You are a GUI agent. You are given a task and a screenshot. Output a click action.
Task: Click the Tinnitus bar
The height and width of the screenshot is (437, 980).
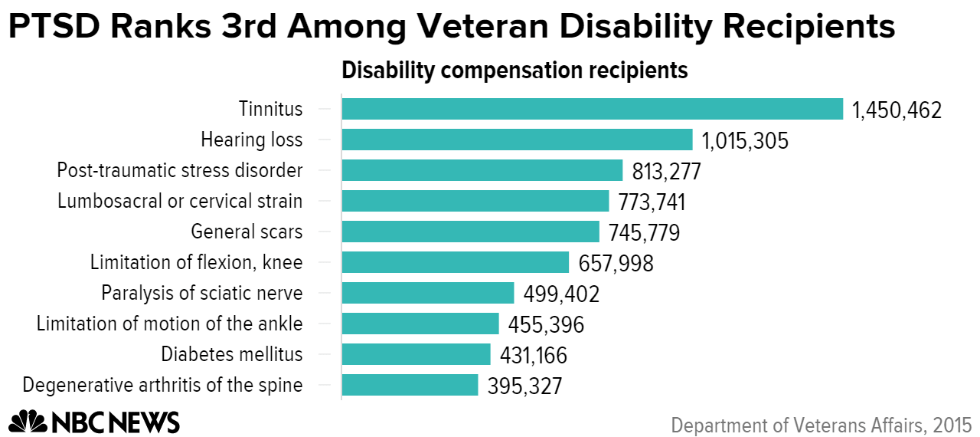pos(592,110)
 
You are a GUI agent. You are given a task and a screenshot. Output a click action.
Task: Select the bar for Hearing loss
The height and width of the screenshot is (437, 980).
pos(517,140)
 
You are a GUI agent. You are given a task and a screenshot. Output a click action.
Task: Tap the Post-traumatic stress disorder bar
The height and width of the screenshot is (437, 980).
pos(482,170)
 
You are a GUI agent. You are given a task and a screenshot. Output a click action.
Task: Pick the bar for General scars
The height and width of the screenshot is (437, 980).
pos(470,232)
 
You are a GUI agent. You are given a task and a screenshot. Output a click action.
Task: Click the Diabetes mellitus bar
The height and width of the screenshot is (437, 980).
pos(416,354)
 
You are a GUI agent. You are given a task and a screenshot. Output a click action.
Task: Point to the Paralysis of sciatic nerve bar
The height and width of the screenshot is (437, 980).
pos(427,293)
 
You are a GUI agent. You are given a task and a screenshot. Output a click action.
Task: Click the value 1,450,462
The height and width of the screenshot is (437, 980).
pos(897,110)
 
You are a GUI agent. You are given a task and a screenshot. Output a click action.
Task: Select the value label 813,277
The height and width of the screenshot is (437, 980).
pos(666,171)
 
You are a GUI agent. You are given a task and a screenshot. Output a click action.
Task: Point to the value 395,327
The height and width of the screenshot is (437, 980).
pos(524,386)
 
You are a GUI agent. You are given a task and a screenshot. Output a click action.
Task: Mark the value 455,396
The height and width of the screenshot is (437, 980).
pos(546,324)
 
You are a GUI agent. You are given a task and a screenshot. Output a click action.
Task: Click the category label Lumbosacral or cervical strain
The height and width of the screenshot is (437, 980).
pos(180,201)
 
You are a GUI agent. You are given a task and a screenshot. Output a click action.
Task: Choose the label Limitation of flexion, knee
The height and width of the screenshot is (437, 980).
pos(196,262)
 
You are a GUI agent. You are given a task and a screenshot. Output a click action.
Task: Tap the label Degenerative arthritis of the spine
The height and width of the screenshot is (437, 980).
pos(162,385)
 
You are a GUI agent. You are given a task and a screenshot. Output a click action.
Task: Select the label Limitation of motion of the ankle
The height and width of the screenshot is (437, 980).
pos(169,324)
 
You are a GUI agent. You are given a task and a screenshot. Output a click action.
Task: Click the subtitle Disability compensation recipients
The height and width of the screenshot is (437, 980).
pos(514,71)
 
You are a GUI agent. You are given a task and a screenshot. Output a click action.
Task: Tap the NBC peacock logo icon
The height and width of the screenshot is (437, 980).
pos(28,421)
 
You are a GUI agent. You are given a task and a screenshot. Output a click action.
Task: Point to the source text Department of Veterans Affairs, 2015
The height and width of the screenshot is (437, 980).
pos(822,425)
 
